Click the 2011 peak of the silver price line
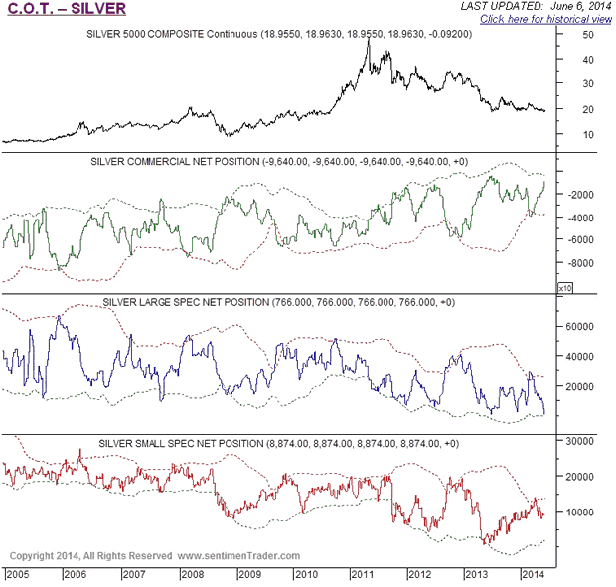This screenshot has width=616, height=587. pos(370,40)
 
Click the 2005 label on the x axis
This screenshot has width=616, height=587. pos(19,575)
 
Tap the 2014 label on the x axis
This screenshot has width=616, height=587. pos(532,575)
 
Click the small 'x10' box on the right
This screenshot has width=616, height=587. pos(564,287)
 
